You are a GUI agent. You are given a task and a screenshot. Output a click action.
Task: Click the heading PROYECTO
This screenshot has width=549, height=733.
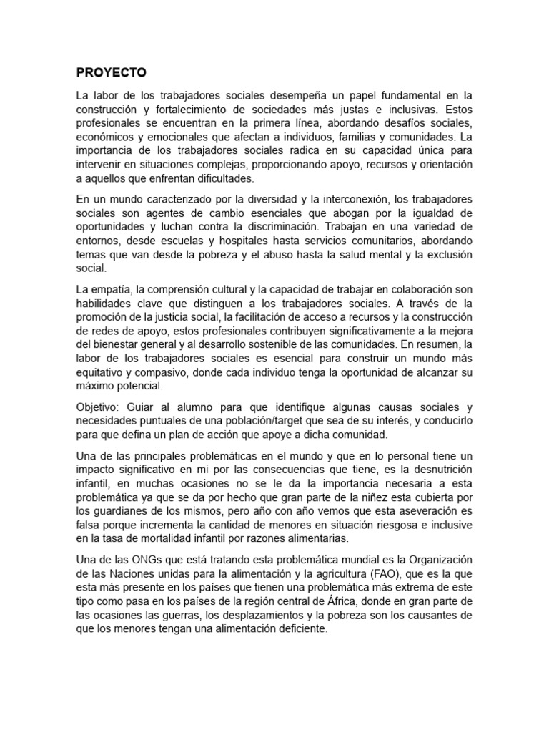pyautogui.click(x=111, y=73)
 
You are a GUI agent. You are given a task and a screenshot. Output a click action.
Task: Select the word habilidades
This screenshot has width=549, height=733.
pyautogui.click(x=102, y=303)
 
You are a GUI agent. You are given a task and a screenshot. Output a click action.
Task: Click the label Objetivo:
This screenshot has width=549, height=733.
pyautogui.click(x=99, y=407)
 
